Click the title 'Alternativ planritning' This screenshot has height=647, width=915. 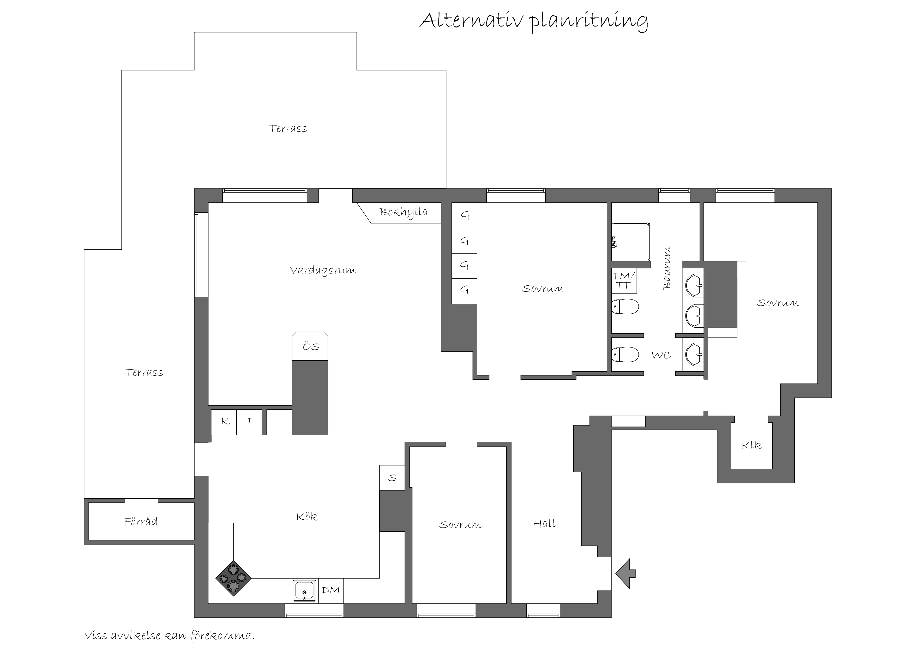pos(534,22)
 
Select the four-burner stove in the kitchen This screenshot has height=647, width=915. pos(233,578)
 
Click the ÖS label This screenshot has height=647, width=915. pos(311,346)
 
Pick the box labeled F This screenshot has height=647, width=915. pos(249,422)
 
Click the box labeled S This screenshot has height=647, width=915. pos(392,478)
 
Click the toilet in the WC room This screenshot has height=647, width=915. pos(625,354)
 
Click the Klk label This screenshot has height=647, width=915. pos(751,445)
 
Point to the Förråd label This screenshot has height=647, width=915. pos(141,522)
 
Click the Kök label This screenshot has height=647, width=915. pos(307,517)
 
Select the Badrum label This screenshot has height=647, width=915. pos(666,267)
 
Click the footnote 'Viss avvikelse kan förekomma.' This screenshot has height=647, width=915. pos(169,636)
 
